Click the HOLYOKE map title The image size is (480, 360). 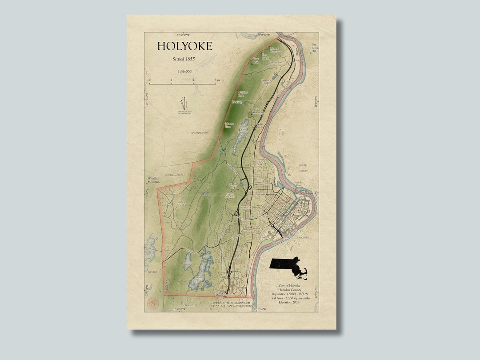coord(184,47)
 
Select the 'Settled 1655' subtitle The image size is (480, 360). coord(184,59)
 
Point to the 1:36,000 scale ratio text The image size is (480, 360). coord(184,71)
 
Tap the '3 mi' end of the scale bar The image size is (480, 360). coord(217,80)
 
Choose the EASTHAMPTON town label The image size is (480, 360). coord(200,133)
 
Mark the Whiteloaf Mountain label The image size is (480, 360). coord(153,180)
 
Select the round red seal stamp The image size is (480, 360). coord(153,304)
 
